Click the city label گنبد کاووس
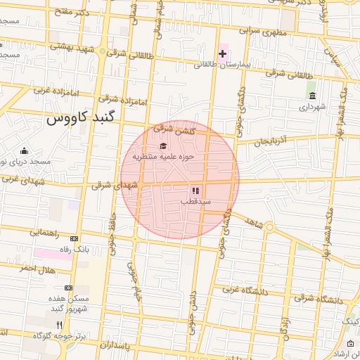click(x=79, y=119)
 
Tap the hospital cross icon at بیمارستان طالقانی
click(x=223, y=54)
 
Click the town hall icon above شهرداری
click(x=311, y=96)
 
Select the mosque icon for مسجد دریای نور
click(x=25, y=150)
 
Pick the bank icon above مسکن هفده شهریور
click(x=68, y=288)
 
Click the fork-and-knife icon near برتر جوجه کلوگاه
click(x=59, y=325)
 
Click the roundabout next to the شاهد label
click(x=270, y=232)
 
